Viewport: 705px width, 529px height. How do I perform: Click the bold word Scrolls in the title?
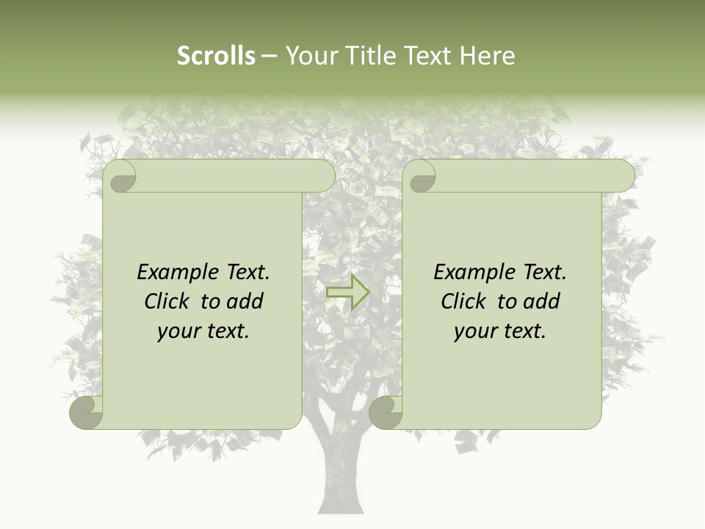pos(216,56)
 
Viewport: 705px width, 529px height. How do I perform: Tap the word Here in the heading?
pos(487,56)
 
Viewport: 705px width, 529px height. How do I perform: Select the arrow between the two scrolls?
pos(347,292)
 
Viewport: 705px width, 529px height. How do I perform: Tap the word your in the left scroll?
pos(178,331)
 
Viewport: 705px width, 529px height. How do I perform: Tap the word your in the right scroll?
pos(474,331)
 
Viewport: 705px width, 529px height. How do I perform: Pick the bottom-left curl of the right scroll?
pos(386,412)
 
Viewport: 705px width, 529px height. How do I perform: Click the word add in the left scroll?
pos(246,301)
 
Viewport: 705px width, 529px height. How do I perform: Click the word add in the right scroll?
pos(543,301)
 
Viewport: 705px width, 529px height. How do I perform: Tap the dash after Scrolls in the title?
pos(269,56)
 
